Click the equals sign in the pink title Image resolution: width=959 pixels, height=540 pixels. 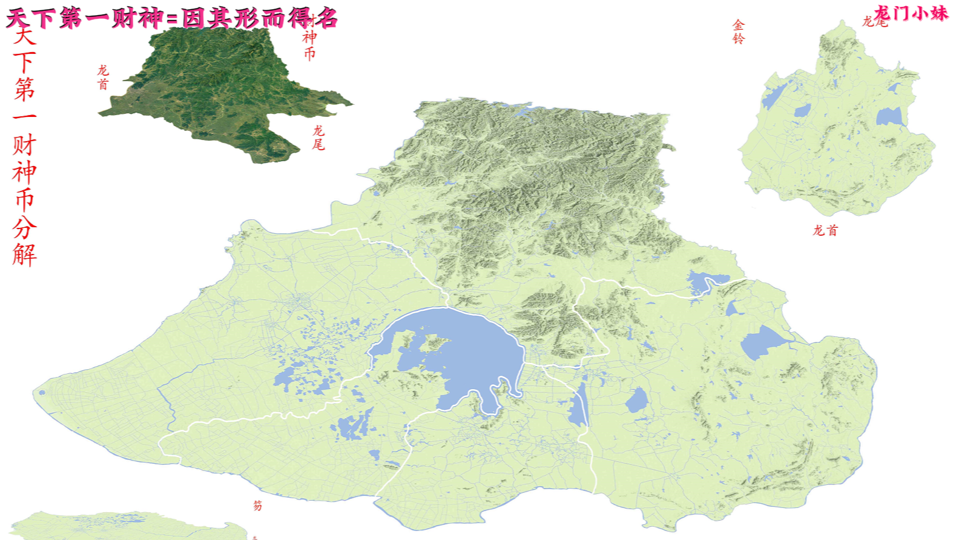pyautogui.click(x=172, y=19)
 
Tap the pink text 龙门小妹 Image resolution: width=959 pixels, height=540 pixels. pyautogui.click(x=911, y=13)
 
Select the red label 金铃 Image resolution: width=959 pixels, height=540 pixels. pyautogui.click(x=739, y=32)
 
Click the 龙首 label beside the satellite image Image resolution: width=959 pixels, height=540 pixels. pyautogui.click(x=103, y=78)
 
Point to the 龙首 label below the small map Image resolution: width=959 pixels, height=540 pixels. pyautogui.click(x=825, y=230)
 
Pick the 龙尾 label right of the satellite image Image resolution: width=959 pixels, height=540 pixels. pyautogui.click(x=318, y=138)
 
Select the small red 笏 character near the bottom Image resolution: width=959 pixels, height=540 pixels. pyautogui.click(x=258, y=505)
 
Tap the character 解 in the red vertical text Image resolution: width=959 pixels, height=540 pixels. pyautogui.click(x=24, y=255)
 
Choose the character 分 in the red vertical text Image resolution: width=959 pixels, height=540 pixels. pyautogui.click(x=24, y=227)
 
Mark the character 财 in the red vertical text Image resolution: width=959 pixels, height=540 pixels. pyautogui.click(x=24, y=145)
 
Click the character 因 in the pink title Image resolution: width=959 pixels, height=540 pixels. pyautogui.click(x=193, y=19)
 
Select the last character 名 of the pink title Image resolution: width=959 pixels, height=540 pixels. pyautogui.click(x=326, y=19)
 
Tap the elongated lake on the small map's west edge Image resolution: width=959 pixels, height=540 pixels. pyautogui.click(x=774, y=96)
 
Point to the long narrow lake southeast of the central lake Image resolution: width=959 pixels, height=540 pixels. pyautogui.click(x=578, y=405)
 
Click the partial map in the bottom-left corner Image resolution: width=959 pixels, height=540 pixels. pyautogui.click(x=121, y=526)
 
